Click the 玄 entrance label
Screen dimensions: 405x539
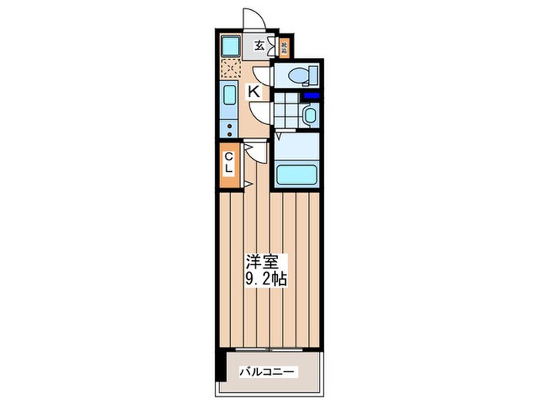[x=259, y=46]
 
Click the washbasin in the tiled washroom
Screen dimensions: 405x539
[x=308, y=116]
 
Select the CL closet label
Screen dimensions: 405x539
[x=229, y=164]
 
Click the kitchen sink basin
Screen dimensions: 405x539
[x=229, y=99]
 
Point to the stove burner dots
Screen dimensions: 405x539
[x=229, y=129]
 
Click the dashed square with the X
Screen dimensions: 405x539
[x=230, y=69]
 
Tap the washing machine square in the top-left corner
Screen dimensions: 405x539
[x=230, y=46]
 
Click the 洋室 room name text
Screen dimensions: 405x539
[x=257, y=261]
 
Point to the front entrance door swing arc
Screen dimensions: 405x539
[x=253, y=19]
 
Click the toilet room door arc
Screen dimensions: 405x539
[x=263, y=76]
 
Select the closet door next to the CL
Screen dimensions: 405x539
[x=249, y=165]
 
